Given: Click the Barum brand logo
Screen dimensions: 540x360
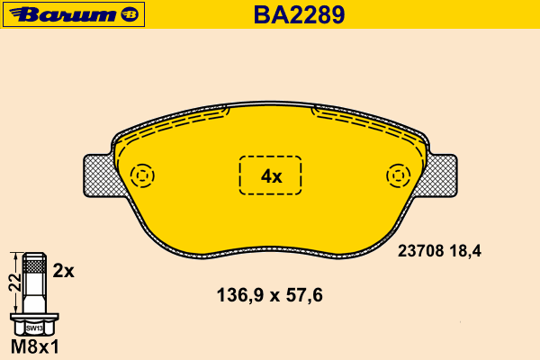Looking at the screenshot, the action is point(74,14).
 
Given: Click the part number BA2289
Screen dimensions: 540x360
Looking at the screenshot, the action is point(299,14).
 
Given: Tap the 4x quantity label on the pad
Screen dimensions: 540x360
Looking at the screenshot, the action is point(272,176).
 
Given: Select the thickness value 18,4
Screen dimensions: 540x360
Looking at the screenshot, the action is point(465,251).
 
